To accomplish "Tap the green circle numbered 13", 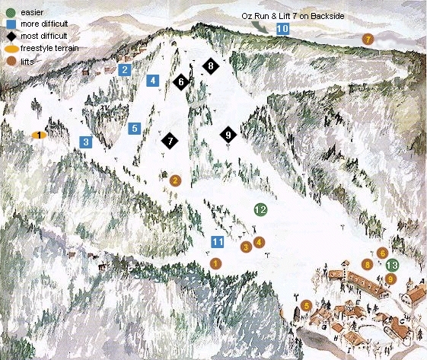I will pyautogui.click(x=391, y=265).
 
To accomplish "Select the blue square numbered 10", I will pyautogui.click(x=282, y=29).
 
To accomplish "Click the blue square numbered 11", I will pyautogui.click(x=217, y=243).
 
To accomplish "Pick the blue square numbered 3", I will pyautogui.click(x=86, y=142).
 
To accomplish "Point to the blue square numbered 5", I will pyautogui.click(x=134, y=129).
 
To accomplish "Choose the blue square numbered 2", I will pyautogui.click(x=123, y=70).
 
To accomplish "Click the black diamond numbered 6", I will pyautogui.click(x=180, y=81).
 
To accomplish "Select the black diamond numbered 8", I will pyautogui.click(x=210, y=67).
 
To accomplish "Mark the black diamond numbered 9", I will pyautogui.click(x=228, y=135).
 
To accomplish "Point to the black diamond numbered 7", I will pyautogui.click(x=170, y=140).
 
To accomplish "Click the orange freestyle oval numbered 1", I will pyautogui.click(x=37, y=135).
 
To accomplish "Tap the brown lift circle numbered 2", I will pyautogui.click(x=175, y=180).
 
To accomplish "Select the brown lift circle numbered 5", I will pyautogui.click(x=307, y=305).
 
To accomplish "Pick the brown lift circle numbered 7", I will pyautogui.click(x=368, y=38).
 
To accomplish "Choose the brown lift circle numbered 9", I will pyautogui.click(x=390, y=279).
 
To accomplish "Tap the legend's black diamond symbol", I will pyautogui.click(x=11, y=35).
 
